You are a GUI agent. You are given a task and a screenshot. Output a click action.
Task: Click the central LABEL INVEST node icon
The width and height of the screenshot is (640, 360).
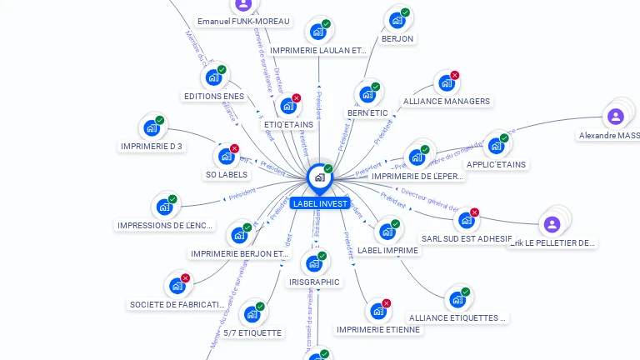tap(319, 177)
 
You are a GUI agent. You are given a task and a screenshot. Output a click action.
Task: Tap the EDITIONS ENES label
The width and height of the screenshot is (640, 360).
tap(214, 97)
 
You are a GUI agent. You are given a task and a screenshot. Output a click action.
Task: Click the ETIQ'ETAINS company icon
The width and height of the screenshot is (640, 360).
tap(288, 106)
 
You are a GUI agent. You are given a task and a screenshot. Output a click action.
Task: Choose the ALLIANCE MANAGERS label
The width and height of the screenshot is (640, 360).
tap(447, 102)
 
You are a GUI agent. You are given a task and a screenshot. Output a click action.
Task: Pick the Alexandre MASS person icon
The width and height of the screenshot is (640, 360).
tap(615, 116)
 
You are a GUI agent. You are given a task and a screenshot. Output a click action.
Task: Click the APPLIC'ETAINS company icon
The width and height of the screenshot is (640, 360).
tap(496, 145)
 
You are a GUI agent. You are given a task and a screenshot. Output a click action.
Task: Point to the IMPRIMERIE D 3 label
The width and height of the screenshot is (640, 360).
tap(152, 147)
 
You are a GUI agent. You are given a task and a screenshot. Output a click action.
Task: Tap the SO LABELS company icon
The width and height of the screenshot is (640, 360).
tap(226, 156)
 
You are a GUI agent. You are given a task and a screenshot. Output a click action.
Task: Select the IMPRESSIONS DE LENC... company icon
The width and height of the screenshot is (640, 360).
tap(164, 207)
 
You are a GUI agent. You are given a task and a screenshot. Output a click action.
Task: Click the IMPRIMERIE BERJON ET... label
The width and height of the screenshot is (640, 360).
tap(240, 254)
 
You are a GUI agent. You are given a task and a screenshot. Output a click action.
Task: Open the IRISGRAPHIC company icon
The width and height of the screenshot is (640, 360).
tap(314, 263)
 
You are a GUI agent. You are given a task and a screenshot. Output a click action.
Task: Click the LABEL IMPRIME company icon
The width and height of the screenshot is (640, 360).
tap(387, 231)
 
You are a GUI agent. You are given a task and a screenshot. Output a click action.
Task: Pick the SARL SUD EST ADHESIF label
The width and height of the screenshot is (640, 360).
tap(467, 238)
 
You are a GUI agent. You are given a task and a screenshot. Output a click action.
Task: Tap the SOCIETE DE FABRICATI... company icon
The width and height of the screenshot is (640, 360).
tap(177, 286)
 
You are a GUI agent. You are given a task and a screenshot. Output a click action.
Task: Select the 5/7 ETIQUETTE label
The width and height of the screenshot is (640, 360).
tap(253, 333)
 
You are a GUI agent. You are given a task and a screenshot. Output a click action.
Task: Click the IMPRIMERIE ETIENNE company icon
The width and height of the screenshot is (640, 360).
tap(378, 311)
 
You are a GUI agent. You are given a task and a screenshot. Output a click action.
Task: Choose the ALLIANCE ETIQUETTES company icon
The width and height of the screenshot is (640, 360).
tap(457, 299)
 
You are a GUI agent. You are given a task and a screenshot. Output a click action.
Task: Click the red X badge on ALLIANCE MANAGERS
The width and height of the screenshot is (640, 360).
tap(455, 76)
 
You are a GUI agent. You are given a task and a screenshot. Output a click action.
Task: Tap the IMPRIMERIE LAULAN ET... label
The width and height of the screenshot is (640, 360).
tap(318, 51)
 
